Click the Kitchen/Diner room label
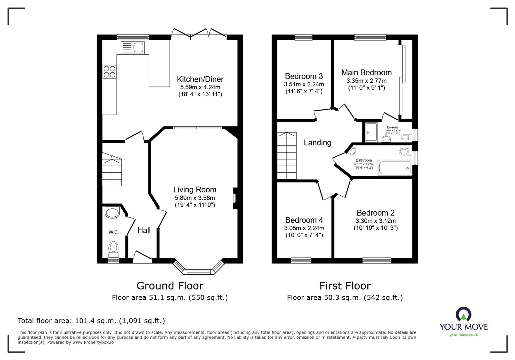pos(200,79)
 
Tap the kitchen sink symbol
pos(133,48)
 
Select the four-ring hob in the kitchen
pos(109,71)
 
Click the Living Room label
pos(195,190)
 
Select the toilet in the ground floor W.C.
pos(113,249)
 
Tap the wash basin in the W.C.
pos(112,212)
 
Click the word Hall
pos(144,230)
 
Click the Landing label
pos(317,143)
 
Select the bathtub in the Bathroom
pos(395,168)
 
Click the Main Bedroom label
pos(366,73)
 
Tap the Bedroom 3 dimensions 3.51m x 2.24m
pos(304,84)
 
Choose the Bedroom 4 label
pos(304,220)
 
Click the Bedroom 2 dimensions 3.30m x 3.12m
pos(375,221)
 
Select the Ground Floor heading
pos(170,286)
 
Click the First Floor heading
pos(345,286)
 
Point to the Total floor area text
pos(91,321)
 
